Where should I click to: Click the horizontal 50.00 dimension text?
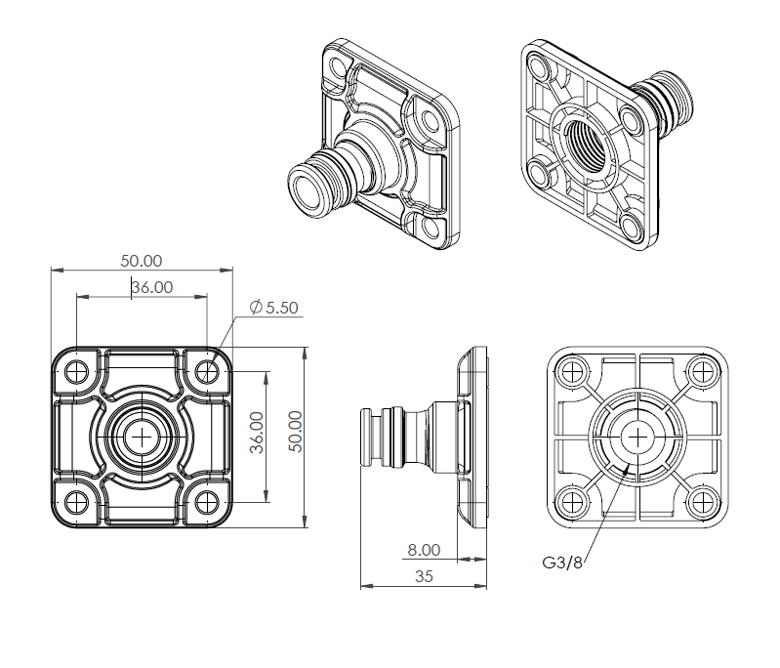click(141, 261)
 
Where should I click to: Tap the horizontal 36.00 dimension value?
click(152, 287)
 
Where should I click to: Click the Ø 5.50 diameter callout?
click(274, 308)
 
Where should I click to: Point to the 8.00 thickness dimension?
click(424, 551)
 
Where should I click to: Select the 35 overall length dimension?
click(424, 576)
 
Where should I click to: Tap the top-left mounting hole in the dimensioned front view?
click(75, 371)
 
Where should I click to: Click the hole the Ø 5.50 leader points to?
click(207, 371)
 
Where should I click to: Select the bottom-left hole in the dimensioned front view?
click(75, 503)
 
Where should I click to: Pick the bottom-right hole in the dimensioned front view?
click(207, 503)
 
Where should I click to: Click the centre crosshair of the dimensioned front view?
click(143, 437)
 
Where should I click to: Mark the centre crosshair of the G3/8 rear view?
click(636, 437)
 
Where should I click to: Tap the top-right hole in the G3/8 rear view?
click(702, 371)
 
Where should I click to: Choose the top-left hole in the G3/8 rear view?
click(571, 371)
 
